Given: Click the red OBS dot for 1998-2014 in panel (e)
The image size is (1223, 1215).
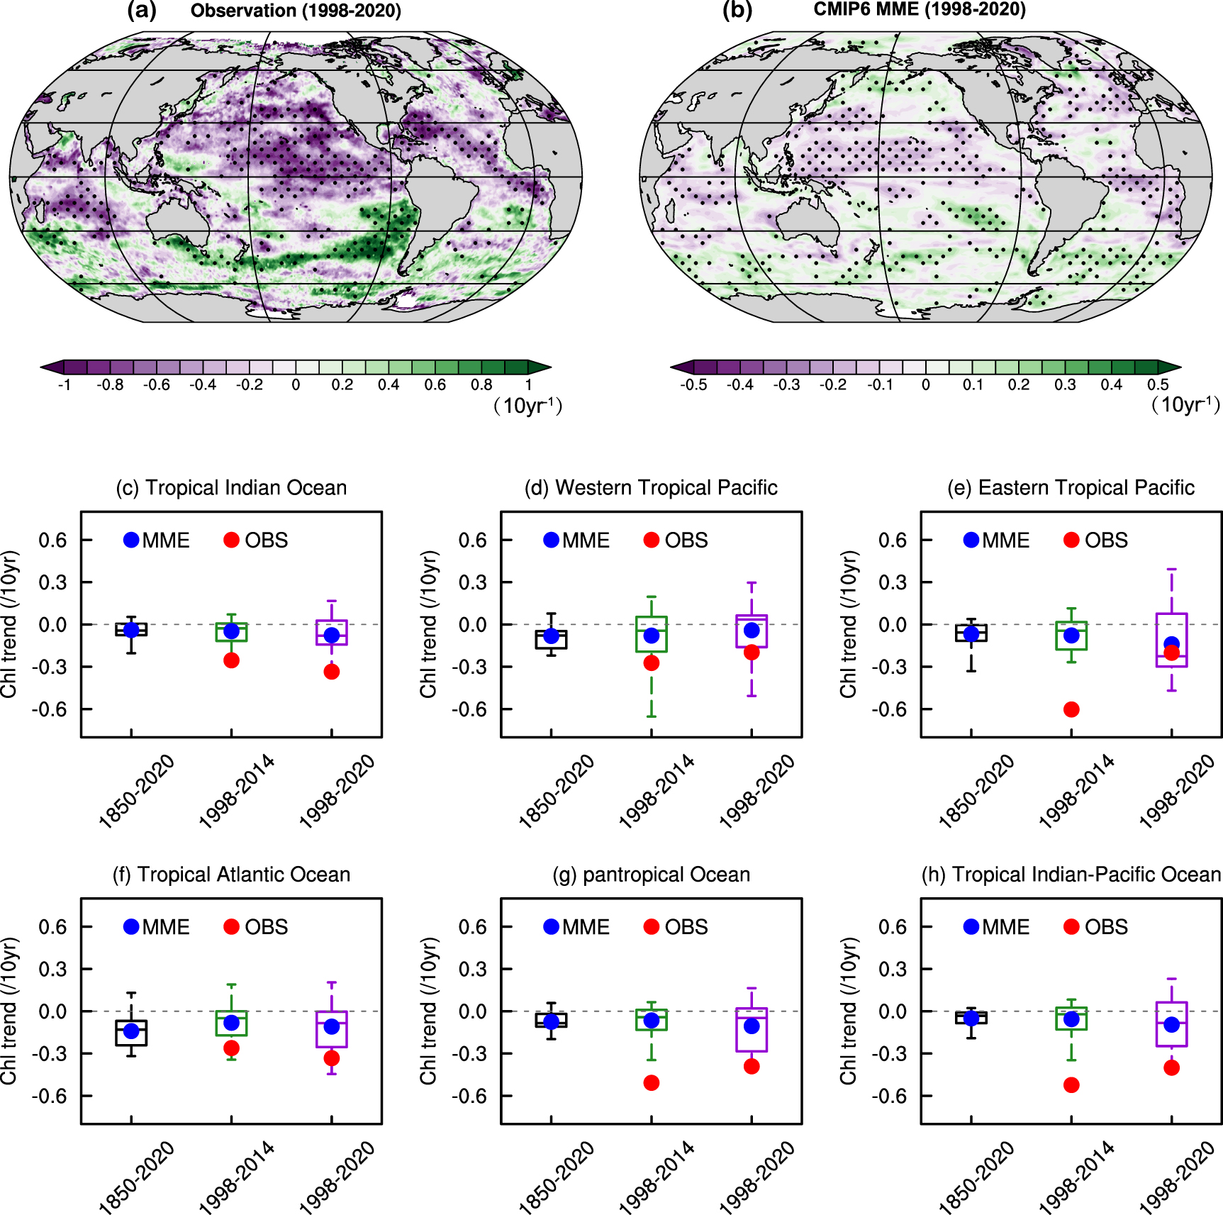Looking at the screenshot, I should (x=1071, y=709).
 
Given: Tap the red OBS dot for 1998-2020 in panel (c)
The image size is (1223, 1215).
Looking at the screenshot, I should (x=331, y=672).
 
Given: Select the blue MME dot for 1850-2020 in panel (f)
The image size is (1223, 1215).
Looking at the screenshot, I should (x=131, y=1031).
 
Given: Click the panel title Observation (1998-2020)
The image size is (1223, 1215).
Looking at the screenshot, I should (x=296, y=11).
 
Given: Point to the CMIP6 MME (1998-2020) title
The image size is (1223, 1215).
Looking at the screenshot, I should (x=920, y=9).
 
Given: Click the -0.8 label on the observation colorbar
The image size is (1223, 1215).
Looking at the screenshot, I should (x=110, y=385).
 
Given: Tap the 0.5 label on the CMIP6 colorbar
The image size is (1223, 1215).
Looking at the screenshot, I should (x=1158, y=385).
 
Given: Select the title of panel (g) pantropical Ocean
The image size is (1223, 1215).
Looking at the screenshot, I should (x=651, y=875).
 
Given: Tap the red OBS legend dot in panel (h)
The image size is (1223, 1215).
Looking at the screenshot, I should (x=1071, y=927).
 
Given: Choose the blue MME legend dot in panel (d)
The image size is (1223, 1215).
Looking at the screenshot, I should (x=551, y=540).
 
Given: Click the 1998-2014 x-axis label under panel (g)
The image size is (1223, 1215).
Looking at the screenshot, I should (x=657, y=1178).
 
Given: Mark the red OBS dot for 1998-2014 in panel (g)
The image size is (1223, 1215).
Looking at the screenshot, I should (x=651, y=1082).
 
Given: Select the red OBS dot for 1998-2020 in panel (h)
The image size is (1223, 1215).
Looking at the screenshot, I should (x=1171, y=1067).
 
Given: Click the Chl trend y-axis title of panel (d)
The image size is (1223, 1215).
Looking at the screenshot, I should (x=428, y=624).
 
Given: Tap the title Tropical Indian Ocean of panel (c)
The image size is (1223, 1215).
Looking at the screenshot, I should (x=231, y=488).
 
